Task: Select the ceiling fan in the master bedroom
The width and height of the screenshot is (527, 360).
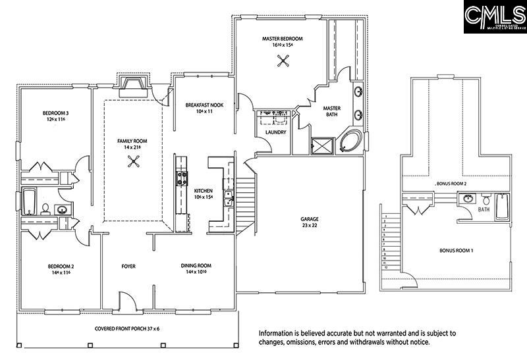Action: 284,61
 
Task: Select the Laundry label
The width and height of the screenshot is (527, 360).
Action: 275,132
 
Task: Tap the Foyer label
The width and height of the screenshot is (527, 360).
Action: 128,267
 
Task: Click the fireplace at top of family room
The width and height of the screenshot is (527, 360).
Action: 133,83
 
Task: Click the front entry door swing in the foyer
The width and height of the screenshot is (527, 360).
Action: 128,300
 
